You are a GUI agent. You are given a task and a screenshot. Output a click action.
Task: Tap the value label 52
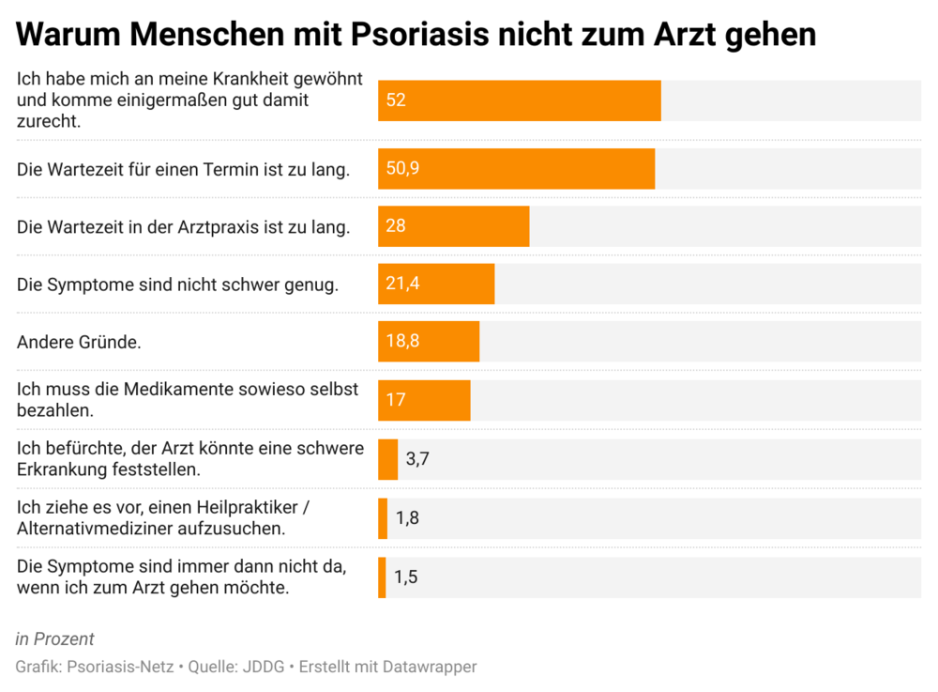[x=396, y=100]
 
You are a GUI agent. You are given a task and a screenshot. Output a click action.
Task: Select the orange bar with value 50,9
[x=516, y=169]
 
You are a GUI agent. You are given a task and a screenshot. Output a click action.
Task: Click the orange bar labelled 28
[x=453, y=226]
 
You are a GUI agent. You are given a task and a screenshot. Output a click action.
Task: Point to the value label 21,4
[x=402, y=284]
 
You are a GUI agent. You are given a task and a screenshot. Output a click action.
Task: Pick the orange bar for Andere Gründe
[x=429, y=342]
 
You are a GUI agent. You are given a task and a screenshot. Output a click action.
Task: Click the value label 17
[x=396, y=400]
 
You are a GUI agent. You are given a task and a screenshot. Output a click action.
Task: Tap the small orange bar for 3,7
[x=387, y=460]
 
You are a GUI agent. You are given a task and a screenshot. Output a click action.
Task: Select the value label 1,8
[x=407, y=518]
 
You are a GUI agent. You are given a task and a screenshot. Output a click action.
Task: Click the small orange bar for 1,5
[x=382, y=577]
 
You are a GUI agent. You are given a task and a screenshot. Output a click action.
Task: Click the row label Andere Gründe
[x=79, y=343]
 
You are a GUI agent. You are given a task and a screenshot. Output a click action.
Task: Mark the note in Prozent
[x=55, y=639]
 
